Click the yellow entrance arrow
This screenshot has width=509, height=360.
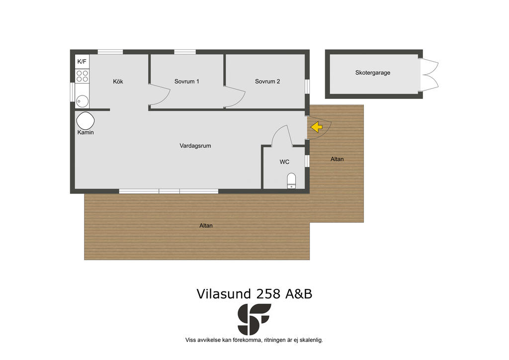coord(317,127)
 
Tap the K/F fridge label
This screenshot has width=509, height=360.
coord(82,61)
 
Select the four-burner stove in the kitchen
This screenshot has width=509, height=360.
coord(82,76)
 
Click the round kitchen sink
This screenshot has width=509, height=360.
coord(82,101)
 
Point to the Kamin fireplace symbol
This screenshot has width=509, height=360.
coord(85,121)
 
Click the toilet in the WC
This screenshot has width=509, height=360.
coord(291,181)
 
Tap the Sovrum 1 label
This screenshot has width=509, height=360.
coord(187,82)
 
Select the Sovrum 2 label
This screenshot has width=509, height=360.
coord(267,82)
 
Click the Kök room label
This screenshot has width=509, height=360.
coord(118,82)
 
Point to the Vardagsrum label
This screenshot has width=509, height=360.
coord(195,146)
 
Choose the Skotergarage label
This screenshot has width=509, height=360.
coord(373,73)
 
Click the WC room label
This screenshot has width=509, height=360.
coord(284,162)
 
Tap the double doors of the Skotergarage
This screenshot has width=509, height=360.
coord(428,75)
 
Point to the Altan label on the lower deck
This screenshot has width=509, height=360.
coord(206,226)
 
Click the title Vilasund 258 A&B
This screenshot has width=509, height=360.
coord(254,294)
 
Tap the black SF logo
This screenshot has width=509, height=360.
coord(254,319)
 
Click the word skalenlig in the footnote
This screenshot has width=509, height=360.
coord(311,340)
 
